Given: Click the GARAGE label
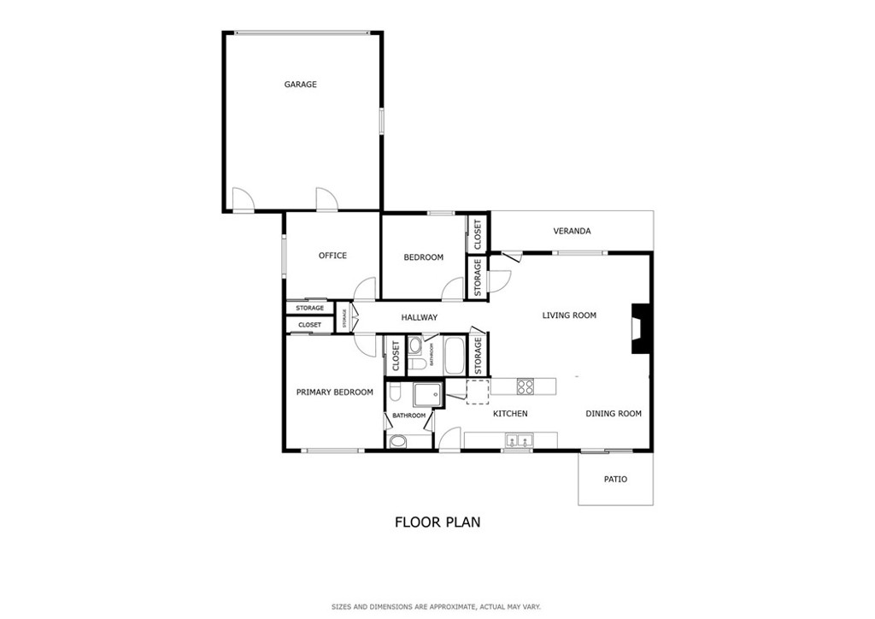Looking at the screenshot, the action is pos(300,85).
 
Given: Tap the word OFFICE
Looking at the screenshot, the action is pos(332,256).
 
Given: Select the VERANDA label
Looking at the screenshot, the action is pos(572,231).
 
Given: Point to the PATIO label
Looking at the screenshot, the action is pos(615,479).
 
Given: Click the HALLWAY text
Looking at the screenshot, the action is pos(419,317).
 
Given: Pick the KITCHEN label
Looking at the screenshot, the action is pos(510,414).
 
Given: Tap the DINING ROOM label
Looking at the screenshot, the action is pos(614,414).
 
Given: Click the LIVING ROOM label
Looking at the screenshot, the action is pos(569,315).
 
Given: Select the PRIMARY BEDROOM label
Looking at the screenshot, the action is pos(334,392).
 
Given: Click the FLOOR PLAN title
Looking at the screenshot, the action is pos(437,522).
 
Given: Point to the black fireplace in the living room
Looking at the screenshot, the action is pos(639,328).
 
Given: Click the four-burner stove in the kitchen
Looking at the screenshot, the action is pos(525,386).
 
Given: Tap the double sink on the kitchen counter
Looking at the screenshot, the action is pos(519,441).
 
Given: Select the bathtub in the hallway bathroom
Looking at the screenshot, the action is pos(454,356).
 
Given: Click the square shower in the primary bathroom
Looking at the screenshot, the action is pos(427,395).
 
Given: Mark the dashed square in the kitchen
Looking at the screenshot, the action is pos(478,392).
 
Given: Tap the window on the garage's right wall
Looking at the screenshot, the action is pos(382,121).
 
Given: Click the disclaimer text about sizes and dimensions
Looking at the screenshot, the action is pos(437,607).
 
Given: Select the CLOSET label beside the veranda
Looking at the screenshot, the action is pos(478,235).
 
